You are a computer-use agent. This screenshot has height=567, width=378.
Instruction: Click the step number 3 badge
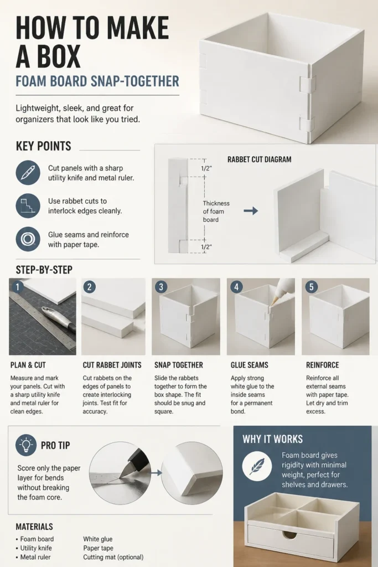click(x=161, y=287)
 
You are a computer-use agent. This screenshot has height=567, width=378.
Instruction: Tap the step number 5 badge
click(x=311, y=287)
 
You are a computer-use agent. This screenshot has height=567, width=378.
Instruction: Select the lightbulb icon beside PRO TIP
click(x=26, y=445)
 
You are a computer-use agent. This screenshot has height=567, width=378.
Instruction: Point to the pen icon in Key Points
click(x=28, y=173)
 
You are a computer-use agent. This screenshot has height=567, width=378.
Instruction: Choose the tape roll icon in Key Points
click(x=28, y=239)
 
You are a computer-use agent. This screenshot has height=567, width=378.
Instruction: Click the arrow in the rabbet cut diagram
click(x=251, y=211)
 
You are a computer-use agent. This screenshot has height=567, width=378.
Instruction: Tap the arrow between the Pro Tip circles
click(x=156, y=472)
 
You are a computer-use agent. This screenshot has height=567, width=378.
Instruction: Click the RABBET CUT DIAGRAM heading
click(x=259, y=159)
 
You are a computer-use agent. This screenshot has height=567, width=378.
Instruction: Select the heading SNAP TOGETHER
click(x=179, y=365)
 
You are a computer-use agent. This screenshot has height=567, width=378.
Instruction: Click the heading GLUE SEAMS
click(x=250, y=365)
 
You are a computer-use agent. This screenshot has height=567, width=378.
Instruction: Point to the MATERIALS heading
click(x=34, y=527)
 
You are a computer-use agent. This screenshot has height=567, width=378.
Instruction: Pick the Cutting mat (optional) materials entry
click(x=113, y=557)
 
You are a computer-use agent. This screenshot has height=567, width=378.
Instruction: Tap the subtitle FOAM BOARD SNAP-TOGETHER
click(x=97, y=81)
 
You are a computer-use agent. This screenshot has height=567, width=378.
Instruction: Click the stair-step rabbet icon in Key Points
click(x=28, y=206)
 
